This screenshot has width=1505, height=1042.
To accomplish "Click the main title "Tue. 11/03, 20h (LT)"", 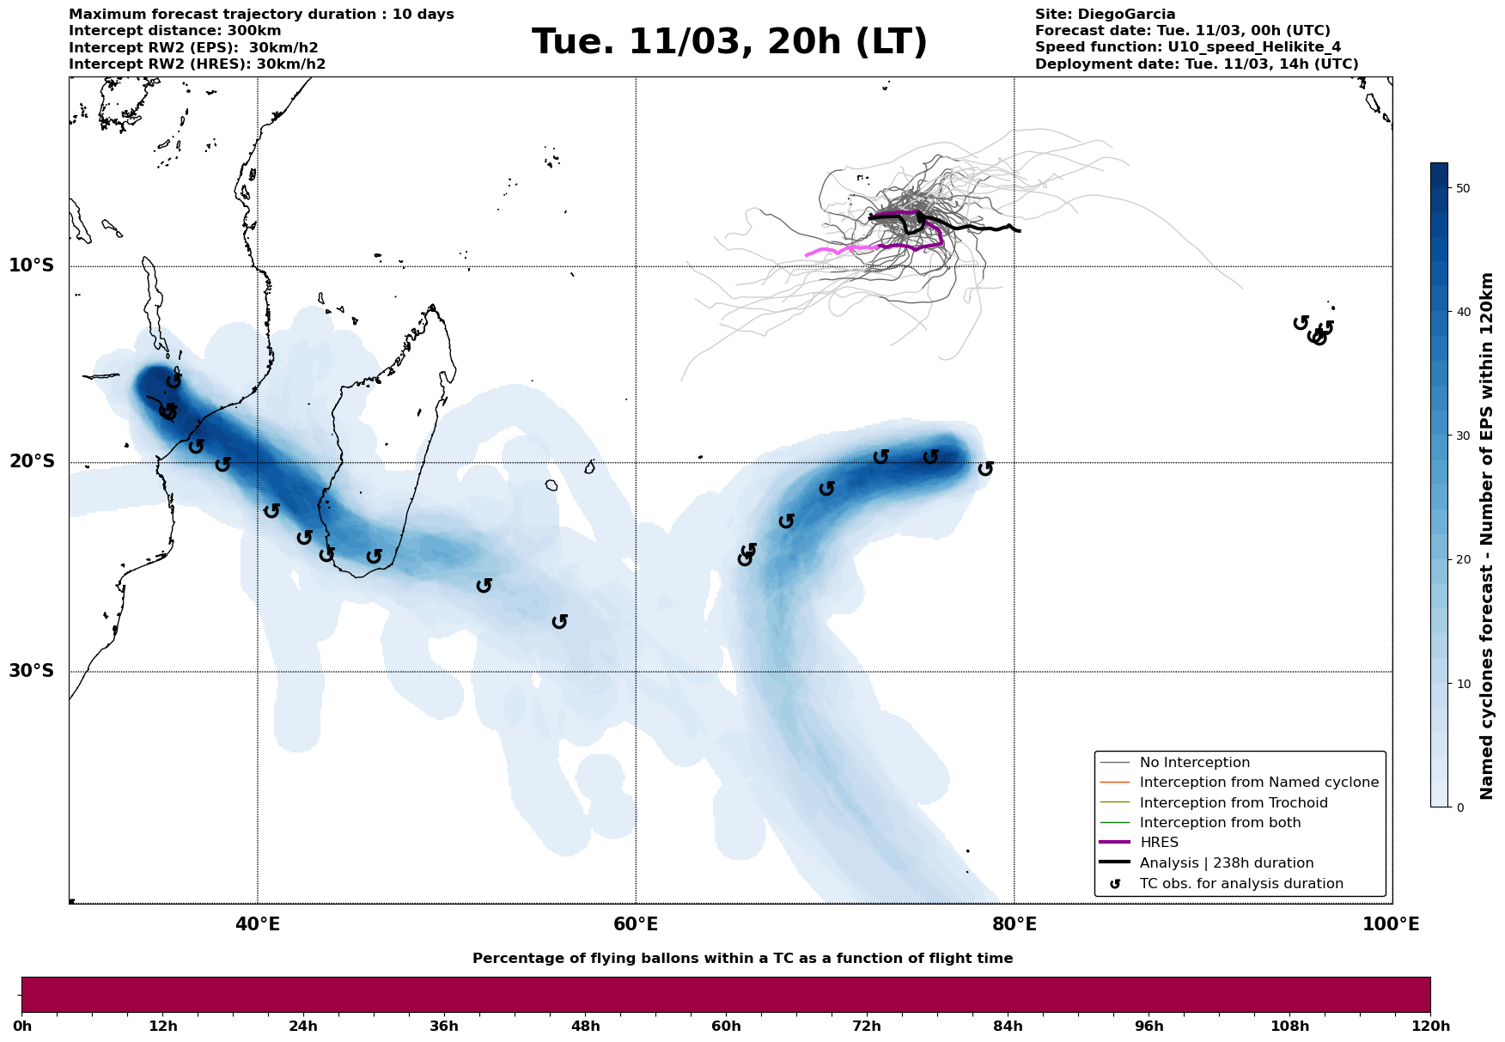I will coord(729,42).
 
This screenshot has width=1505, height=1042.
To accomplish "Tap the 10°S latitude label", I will coord(32,265).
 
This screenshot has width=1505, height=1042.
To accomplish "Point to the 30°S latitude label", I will coord(32,671).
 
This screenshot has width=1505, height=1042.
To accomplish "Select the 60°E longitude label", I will coord(636,924).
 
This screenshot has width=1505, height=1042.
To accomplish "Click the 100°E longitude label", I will coord(1391,924).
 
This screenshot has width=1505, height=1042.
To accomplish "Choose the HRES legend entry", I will coord(1159,843).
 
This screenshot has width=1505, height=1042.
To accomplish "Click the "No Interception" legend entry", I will coord(1194,763).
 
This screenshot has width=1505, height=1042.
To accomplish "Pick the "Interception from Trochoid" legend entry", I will coord(1233,803).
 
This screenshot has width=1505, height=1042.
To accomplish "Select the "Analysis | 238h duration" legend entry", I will coord(1226,863).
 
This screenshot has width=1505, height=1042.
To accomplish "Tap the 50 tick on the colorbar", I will coord(1464,188).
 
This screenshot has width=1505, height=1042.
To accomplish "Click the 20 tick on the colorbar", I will coord(1464,559).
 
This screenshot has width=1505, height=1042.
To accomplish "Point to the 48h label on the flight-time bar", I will coord(585,1027).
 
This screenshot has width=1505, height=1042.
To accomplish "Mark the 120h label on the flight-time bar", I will coord(1429,1027).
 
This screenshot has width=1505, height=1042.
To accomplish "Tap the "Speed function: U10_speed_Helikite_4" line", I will coord(1187,47).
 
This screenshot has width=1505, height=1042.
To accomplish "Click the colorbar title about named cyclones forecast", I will coord(1488,535).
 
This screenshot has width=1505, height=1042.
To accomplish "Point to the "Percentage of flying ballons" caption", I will coord(742,959).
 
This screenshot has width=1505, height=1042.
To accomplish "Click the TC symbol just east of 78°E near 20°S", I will coord(985,468).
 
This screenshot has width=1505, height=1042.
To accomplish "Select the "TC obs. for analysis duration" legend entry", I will coord(1240,884).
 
